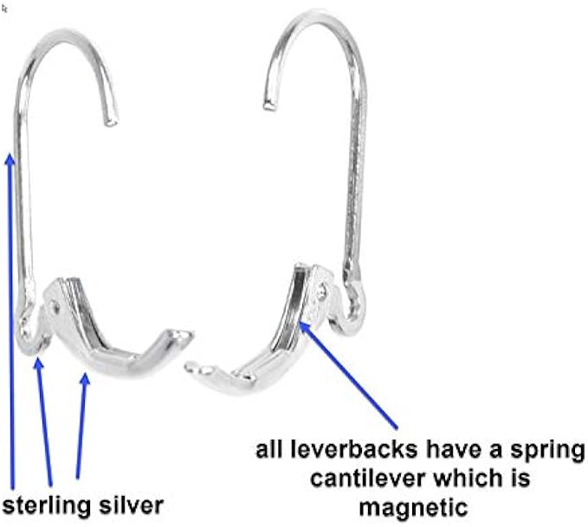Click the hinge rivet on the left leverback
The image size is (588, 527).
click(56, 305)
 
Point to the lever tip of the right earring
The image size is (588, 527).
click(191, 367)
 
